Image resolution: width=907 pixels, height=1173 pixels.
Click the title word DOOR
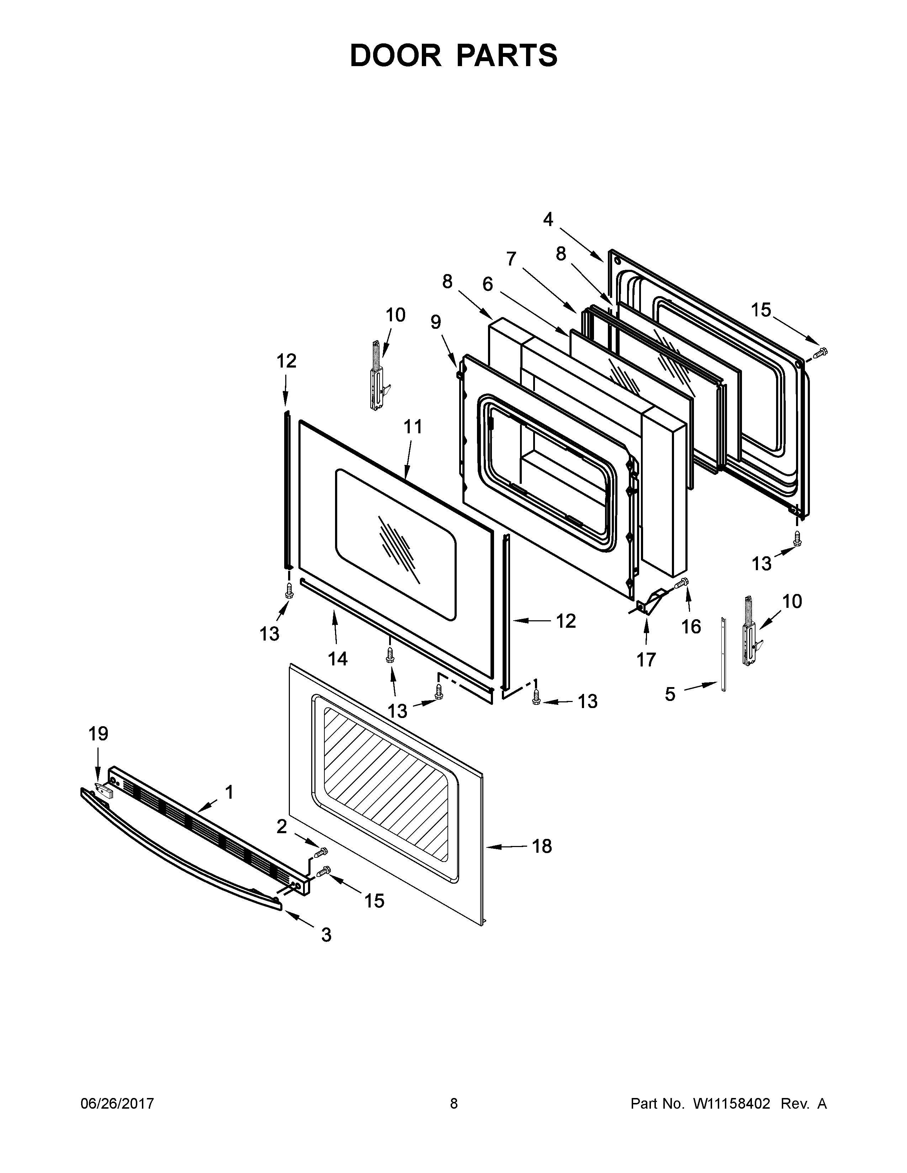[396, 55]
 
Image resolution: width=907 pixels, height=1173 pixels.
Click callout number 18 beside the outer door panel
[542, 846]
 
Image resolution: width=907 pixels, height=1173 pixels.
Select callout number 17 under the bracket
[646, 659]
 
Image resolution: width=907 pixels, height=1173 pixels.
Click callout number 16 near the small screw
[691, 626]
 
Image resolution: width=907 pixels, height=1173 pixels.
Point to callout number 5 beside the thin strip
[670, 694]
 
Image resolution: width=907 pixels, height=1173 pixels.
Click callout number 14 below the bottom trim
[338, 658]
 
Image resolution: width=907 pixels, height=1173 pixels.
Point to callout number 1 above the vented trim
[229, 792]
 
